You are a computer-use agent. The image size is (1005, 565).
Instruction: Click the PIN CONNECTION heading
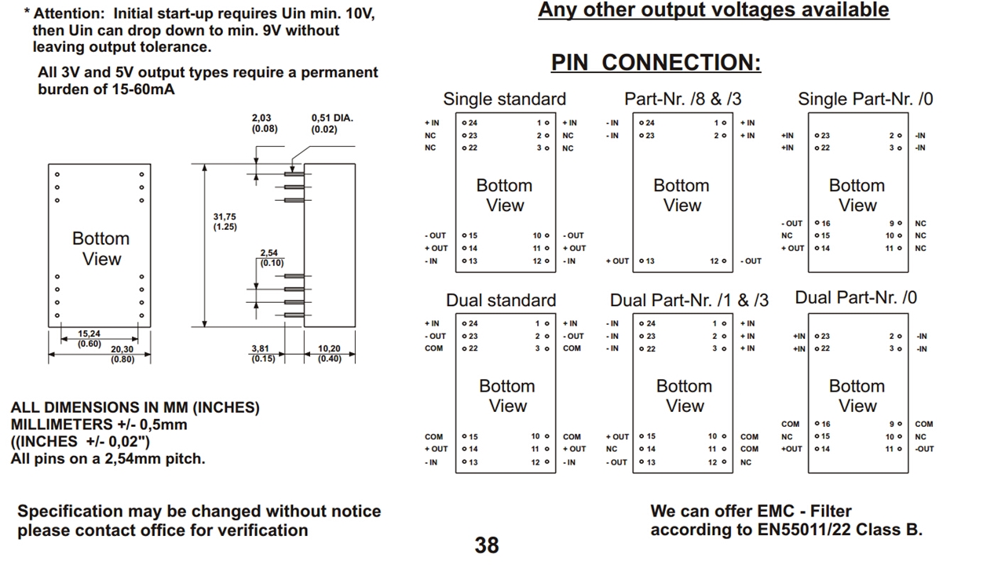coord(656,63)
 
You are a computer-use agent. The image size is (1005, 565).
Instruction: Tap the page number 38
coord(487,545)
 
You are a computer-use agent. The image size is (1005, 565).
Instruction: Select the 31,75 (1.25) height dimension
coord(225,221)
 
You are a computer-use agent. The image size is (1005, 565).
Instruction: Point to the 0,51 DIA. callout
coord(332,123)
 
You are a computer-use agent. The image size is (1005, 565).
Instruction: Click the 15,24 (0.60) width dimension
coord(89,338)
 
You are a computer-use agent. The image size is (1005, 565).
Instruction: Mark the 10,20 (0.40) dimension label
coord(329,353)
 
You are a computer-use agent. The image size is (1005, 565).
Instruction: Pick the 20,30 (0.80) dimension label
coord(122,354)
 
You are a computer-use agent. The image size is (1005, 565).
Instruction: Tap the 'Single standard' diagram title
coord(504,99)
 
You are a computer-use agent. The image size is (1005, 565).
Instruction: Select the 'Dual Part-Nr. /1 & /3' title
coord(689,300)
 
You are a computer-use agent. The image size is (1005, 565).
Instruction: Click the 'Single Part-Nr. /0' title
coord(865,99)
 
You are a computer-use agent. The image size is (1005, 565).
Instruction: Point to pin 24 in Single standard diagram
coord(470,123)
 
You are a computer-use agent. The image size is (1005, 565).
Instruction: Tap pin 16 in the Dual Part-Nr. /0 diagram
coord(823,424)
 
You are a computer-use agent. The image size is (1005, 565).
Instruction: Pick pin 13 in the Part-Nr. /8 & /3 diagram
coord(647,261)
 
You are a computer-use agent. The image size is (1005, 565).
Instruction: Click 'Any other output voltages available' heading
coord(713,10)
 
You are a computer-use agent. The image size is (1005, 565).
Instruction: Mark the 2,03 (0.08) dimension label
coord(265,123)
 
